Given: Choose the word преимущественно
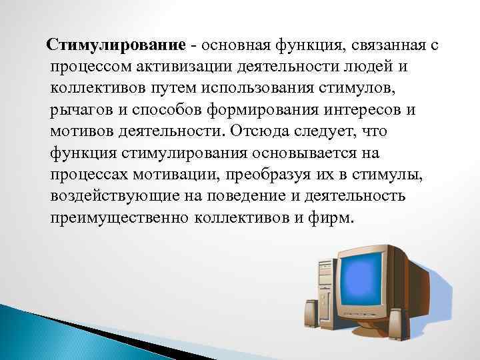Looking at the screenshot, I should coord(119,218).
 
